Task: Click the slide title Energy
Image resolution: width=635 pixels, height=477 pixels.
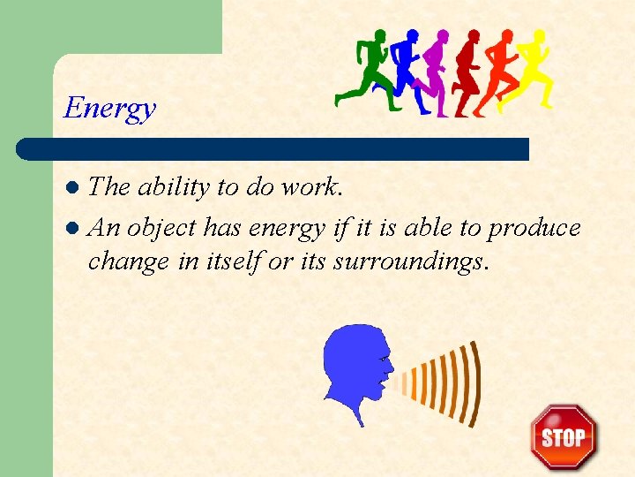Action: (109, 109)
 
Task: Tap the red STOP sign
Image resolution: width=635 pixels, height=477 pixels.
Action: (563, 436)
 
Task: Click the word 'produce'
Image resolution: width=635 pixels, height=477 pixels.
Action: (534, 228)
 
